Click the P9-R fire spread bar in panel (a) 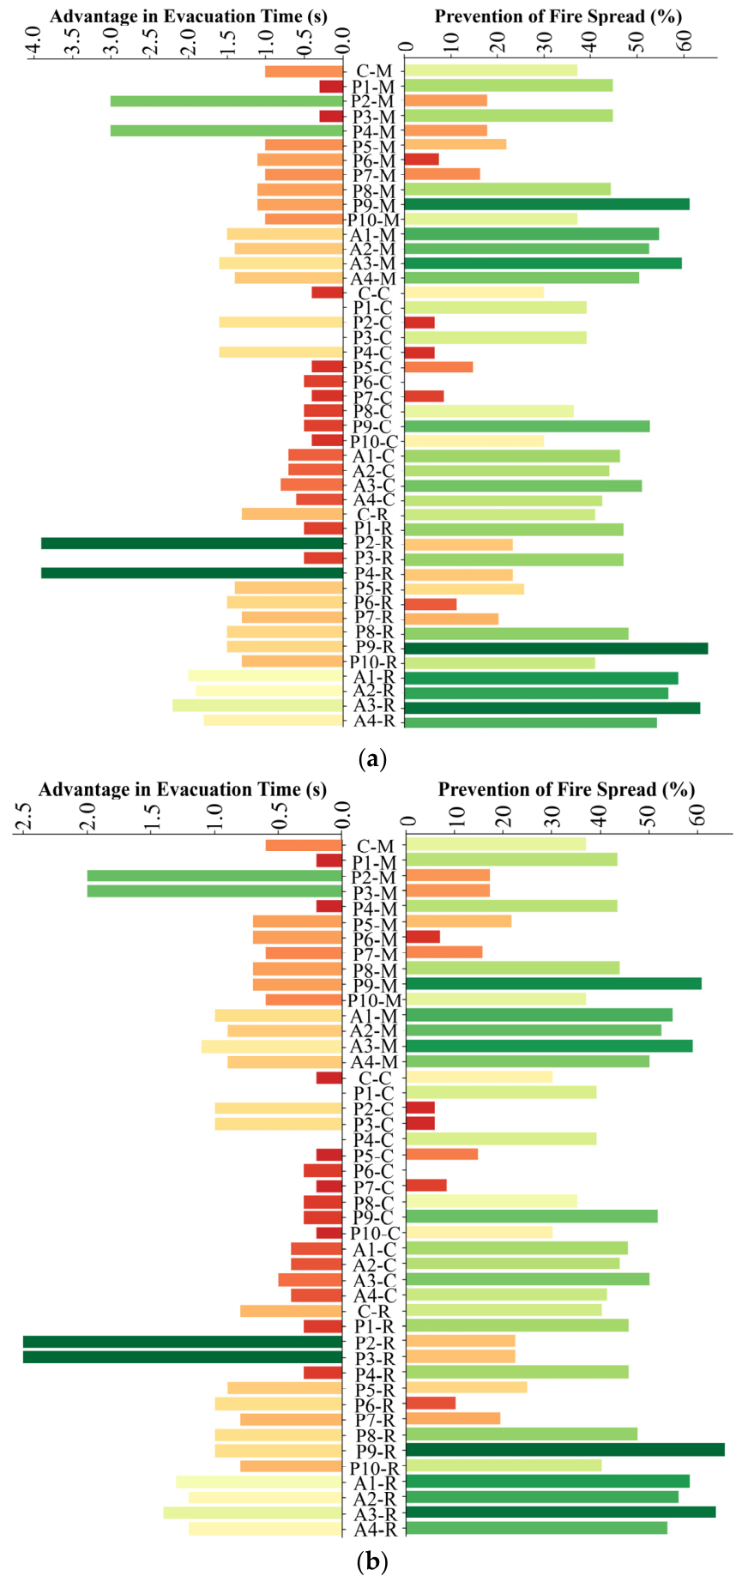pyautogui.click(x=556, y=648)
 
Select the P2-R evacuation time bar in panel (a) pyautogui.click(x=192, y=543)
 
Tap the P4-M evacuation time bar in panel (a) pyautogui.click(x=226, y=130)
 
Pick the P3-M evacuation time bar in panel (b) pyautogui.click(x=214, y=891)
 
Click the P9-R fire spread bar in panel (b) pyautogui.click(x=565, y=1450)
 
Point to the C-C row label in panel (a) pyautogui.click(x=374, y=293)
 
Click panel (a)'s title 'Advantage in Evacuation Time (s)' pyautogui.click(x=189, y=16)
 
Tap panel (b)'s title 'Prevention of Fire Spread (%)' pyautogui.click(x=566, y=789)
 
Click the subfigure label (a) pyautogui.click(x=371, y=758)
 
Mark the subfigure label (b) pyautogui.click(x=371, y=1562)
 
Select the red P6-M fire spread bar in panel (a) pyautogui.click(x=422, y=160)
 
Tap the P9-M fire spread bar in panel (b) pyautogui.click(x=553, y=984)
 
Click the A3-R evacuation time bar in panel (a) pyautogui.click(x=257, y=705)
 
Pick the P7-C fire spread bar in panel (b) pyautogui.click(x=426, y=1186)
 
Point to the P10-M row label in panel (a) pyautogui.click(x=374, y=220)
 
